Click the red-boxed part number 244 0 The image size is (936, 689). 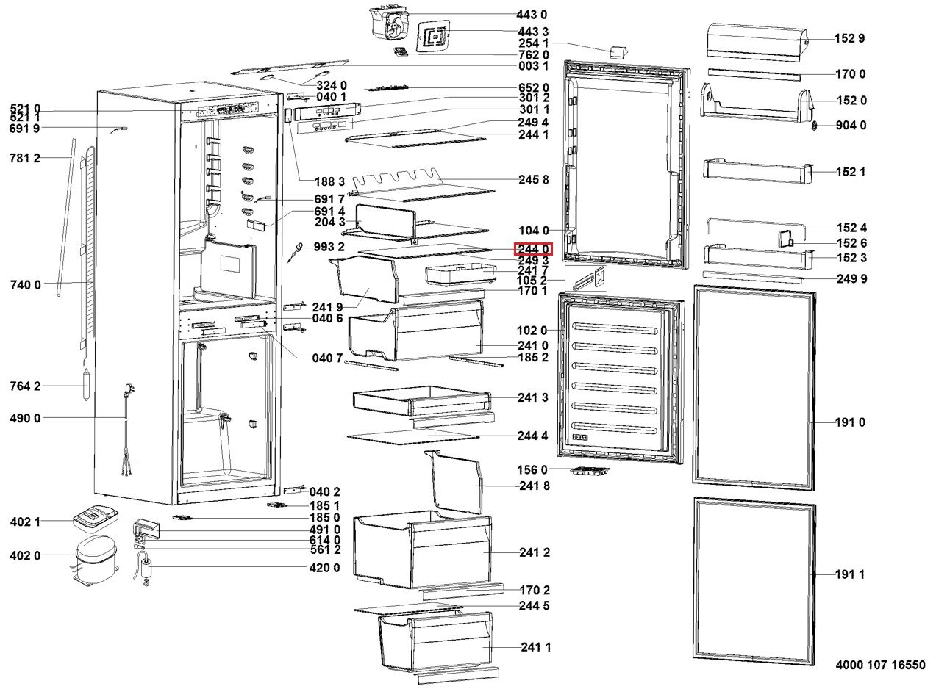[x=532, y=249]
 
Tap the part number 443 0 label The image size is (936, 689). [x=532, y=15]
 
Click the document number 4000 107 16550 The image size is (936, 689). [x=880, y=665]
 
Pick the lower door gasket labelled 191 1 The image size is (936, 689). [x=754, y=580]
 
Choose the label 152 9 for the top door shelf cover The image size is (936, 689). [x=849, y=39]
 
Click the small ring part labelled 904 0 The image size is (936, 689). [x=815, y=126]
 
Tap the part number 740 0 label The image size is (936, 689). [x=25, y=284]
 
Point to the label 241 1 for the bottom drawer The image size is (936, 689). [x=536, y=647]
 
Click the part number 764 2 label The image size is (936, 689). [x=25, y=386]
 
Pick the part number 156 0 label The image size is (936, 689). [x=533, y=469]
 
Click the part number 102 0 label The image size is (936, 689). [x=532, y=331]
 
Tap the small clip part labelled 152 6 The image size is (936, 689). [x=785, y=238]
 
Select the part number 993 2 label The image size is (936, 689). [x=329, y=246]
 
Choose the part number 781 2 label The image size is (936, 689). [x=25, y=158]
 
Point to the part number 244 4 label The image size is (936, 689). [x=532, y=436]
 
